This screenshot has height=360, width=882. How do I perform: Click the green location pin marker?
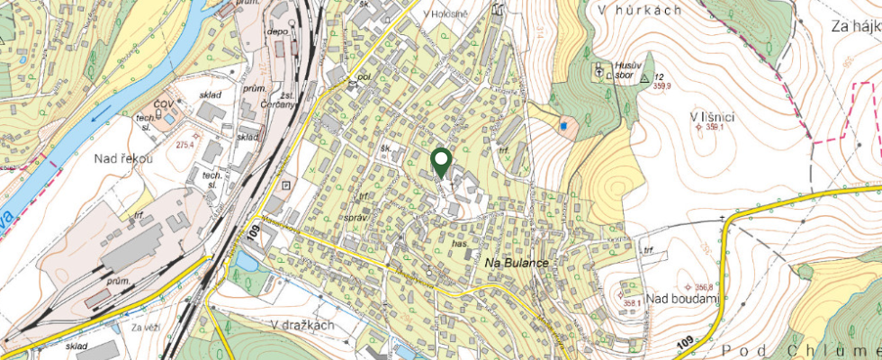pos(441,161)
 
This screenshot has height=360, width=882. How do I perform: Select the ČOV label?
pos(163,105)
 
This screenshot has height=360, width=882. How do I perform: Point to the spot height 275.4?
pos(185,144)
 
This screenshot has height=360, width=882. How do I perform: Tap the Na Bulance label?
pos(517,261)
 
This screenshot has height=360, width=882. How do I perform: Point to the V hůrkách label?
pos(638,10)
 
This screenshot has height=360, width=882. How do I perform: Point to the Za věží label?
pos(144,328)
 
